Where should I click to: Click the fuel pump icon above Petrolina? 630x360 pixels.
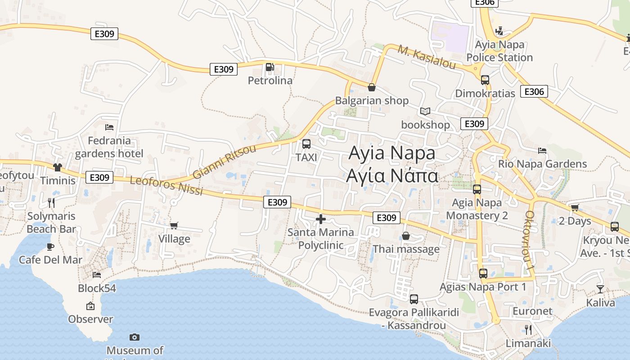coord(270,67)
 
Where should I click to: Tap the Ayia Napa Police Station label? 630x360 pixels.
coord(499,51)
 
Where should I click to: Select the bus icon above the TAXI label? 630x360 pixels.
coord(306,144)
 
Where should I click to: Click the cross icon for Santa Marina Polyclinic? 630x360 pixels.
coord(321,219)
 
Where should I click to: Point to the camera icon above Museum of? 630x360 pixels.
coord(134,337)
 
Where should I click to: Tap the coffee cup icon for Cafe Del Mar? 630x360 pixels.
coord(50,247)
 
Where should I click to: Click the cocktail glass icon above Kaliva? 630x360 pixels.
coord(600,289)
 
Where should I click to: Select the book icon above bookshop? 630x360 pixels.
coord(425,111)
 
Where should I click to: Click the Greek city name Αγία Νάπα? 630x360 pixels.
coord(392,175)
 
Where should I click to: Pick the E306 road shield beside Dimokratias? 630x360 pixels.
coord(534,92)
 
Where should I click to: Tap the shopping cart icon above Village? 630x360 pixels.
coord(174,225)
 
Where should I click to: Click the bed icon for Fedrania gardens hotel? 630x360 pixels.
coord(109,127)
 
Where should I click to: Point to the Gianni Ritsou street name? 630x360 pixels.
coord(224,162)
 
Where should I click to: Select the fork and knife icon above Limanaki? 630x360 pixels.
coord(528,330)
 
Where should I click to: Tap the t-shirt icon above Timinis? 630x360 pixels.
coord(57,167)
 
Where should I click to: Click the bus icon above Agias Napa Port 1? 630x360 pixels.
coord(483,273)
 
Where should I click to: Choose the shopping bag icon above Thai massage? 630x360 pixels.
coord(406,236)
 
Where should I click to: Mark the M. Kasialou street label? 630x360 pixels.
coord(426,58)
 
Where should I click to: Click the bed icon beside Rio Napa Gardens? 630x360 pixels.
coord(542,151)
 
